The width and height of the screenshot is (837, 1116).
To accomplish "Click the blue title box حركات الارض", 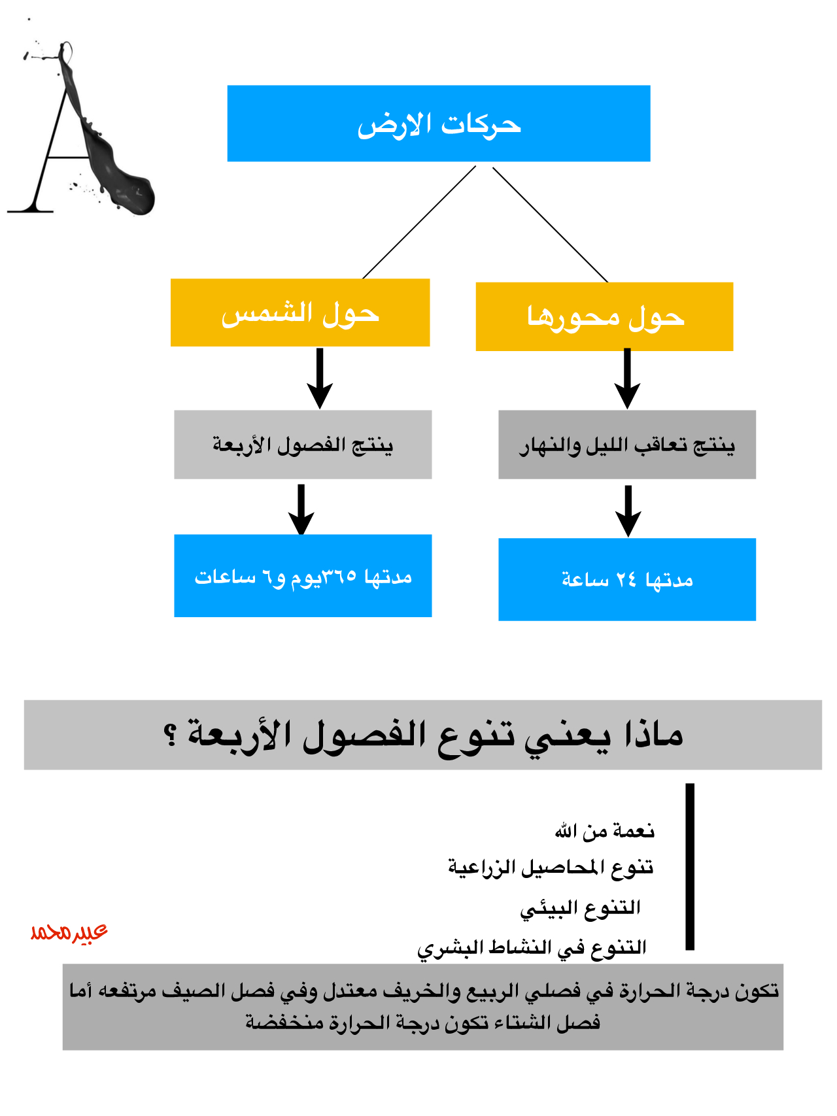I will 438,124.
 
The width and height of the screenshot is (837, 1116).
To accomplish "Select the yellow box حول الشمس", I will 300,313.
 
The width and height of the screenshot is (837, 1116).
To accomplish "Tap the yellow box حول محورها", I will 604,317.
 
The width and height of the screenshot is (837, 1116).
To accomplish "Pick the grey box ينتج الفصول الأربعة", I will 303,445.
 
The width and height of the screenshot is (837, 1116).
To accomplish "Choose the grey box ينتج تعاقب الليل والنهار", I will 626,445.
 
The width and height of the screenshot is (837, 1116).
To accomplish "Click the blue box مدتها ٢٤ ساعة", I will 626,579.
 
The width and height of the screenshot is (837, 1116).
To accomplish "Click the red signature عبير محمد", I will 69,931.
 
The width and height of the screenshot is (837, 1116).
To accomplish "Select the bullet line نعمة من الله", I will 604,831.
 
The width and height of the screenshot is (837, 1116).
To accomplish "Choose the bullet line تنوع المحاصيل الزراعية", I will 551,868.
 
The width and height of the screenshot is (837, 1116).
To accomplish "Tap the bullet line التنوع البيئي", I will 580,907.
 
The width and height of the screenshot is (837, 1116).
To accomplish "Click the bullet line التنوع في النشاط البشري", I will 532,947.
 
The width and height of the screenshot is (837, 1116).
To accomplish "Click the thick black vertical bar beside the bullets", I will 690,866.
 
